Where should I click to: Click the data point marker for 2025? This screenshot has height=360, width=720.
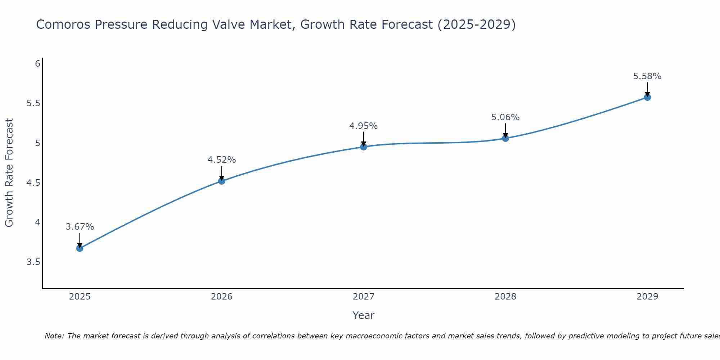pyautogui.click(x=80, y=248)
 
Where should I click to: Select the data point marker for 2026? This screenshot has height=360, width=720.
pyautogui.click(x=222, y=181)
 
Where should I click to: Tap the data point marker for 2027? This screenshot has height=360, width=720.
pyautogui.click(x=364, y=147)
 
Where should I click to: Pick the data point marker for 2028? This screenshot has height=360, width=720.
pyautogui.click(x=505, y=138)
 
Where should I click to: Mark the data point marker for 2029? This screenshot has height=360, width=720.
pyautogui.click(x=647, y=97)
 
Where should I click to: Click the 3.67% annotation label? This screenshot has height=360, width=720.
pyautogui.click(x=80, y=227)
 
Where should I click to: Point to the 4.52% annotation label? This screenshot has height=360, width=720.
pyautogui.click(x=222, y=160)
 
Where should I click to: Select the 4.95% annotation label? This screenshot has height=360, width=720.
pyautogui.click(x=364, y=126)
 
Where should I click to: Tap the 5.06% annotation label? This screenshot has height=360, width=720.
pyautogui.click(x=505, y=117)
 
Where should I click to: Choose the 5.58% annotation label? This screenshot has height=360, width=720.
pyautogui.click(x=647, y=76)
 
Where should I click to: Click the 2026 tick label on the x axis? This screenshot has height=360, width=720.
pyautogui.click(x=222, y=297)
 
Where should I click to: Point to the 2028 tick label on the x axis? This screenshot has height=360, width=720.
pyautogui.click(x=505, y=297)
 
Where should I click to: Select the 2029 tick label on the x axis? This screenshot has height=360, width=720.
pyautogui.click(x=647, y=297)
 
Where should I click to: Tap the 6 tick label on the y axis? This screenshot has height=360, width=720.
pyautogui.click(x=37, y=64)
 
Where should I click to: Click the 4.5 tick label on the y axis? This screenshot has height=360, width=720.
pyautogui.click(x=33, y=183)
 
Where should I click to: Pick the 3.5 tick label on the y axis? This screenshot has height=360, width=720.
pyautogui.click(x=33, y=262)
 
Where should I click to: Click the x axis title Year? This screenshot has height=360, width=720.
pyautogui.click(x=364, y=315)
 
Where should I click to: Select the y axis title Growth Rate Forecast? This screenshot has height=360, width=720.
pyautogui.click(x=9, y=173)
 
